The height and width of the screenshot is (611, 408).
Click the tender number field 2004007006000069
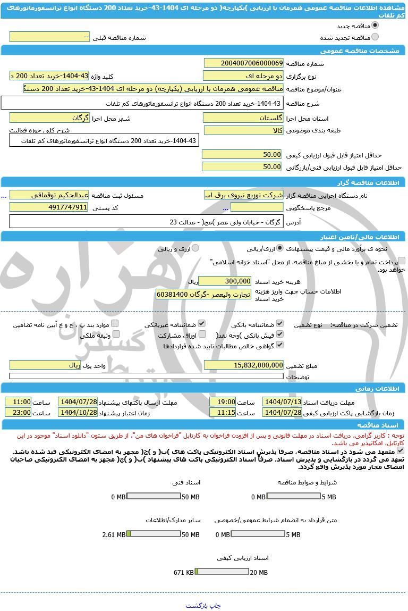click(x=244, y=63)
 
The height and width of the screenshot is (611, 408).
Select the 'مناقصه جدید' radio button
click(x=375, y=26)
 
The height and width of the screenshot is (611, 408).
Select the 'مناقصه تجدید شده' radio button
click(x=375, y=37)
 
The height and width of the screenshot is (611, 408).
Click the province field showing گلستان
click(x=244, y=118)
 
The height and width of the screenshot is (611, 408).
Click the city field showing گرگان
click(x=49, y=118)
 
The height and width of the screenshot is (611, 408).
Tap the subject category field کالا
click(x=244, y=130)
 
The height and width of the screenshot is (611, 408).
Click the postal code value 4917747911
click(x=49, y=207)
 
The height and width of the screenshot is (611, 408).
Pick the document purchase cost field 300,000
click(x=224, y=281)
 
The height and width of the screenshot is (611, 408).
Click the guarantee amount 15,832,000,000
click(x=244, y=365)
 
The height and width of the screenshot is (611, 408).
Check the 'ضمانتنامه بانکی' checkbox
click(x=280, y=323)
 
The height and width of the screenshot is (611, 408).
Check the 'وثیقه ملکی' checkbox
click(x=115, y=334)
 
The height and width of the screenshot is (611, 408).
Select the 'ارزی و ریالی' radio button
click(x=195, y=248)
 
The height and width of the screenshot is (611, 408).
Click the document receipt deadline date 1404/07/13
click(x=282, y=402)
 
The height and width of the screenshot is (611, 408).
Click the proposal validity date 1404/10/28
click(x=78, y=413)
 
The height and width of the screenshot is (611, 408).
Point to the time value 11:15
click(x=223, y=413)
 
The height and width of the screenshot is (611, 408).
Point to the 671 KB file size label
click(x=183, y=572)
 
